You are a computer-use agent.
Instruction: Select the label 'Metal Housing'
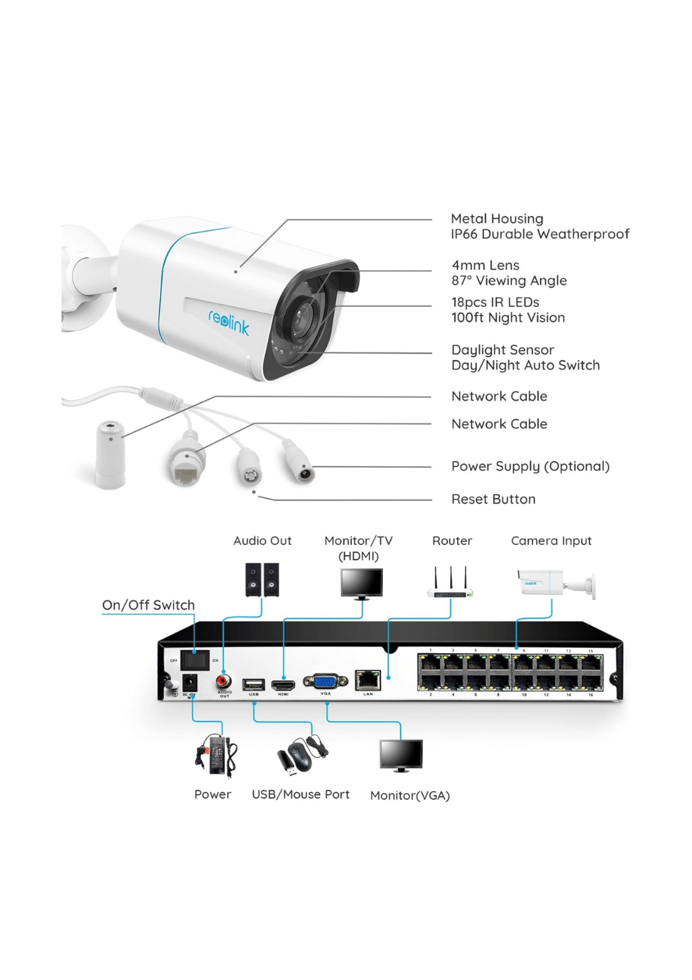[x=497, y=219]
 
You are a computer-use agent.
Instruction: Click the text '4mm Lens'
[x=485, y=265]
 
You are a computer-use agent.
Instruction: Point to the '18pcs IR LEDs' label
[x=495, y=302]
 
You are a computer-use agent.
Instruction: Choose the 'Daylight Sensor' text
[x=502, y=350]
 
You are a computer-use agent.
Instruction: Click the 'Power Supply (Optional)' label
[x=530, y=466]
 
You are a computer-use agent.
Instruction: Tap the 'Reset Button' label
[x=493, y=499]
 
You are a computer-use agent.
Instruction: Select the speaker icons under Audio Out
[x=262, y=579]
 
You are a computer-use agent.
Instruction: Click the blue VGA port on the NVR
[x=326, y=681]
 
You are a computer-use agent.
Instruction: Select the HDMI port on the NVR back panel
[x=283, y=685]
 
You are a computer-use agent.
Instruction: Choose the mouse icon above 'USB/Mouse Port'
[x=300, y=757]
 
